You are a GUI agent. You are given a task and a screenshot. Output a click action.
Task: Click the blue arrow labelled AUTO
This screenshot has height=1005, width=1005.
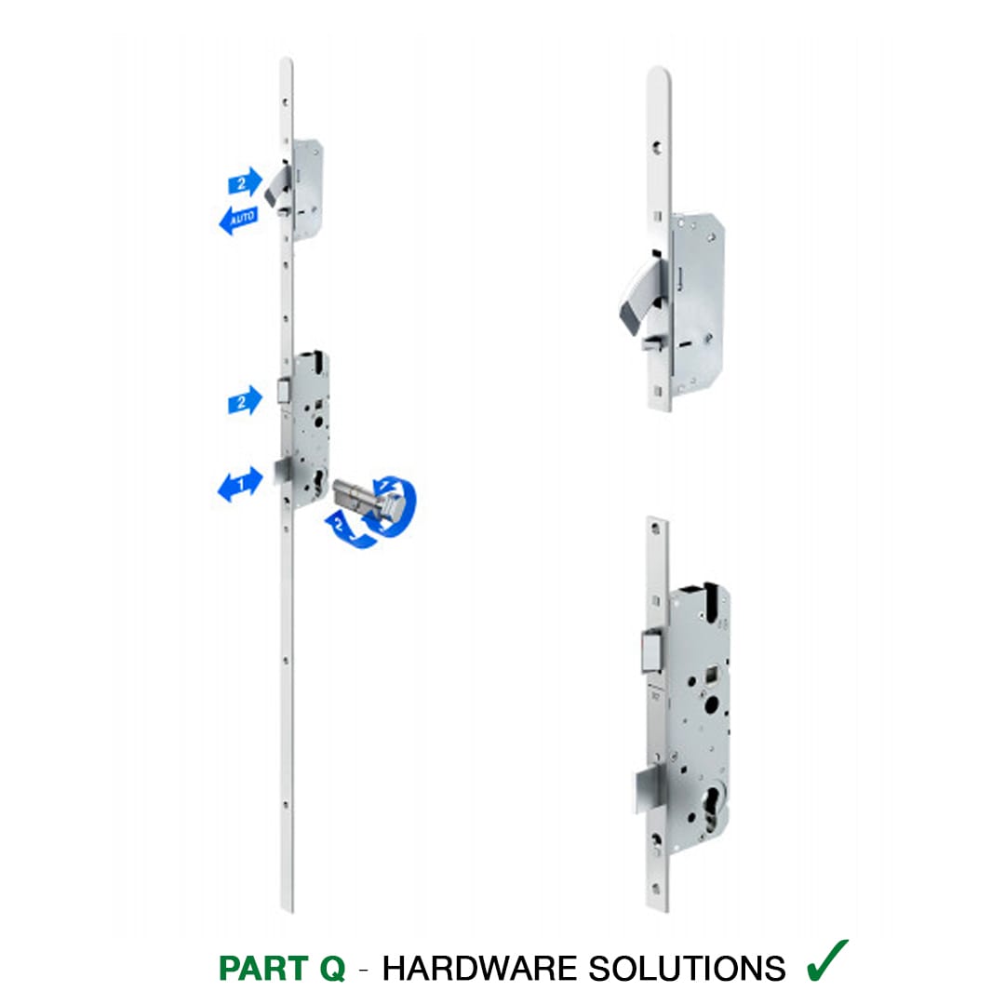click(x=238, y=220)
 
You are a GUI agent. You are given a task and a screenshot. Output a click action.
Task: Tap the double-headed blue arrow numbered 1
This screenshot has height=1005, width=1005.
click(x=240, y=485)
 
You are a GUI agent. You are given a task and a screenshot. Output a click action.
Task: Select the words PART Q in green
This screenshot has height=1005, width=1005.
click(x=282, y=969)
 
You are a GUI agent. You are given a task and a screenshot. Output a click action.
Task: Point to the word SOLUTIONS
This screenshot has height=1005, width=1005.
click(x=687, y=969)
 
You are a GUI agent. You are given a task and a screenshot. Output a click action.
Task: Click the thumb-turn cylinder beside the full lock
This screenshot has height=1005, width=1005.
click(x=369, y=500)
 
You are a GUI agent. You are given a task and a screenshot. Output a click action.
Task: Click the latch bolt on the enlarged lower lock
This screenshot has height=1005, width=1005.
click(x=651, y=651)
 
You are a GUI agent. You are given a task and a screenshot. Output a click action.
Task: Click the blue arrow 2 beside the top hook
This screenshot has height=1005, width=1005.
click(x=245, y=182)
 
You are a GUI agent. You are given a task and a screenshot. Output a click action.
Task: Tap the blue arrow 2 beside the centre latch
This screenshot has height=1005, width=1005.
click(x=245, y=401)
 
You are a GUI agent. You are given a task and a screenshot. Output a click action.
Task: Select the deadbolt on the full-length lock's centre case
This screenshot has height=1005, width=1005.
click(x=283, y=473)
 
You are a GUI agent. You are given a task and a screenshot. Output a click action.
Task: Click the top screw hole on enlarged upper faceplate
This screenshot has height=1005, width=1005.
click(x=658, y=148)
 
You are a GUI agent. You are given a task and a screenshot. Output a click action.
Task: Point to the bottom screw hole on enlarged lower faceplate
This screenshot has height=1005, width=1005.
click(x=656, y=889)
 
